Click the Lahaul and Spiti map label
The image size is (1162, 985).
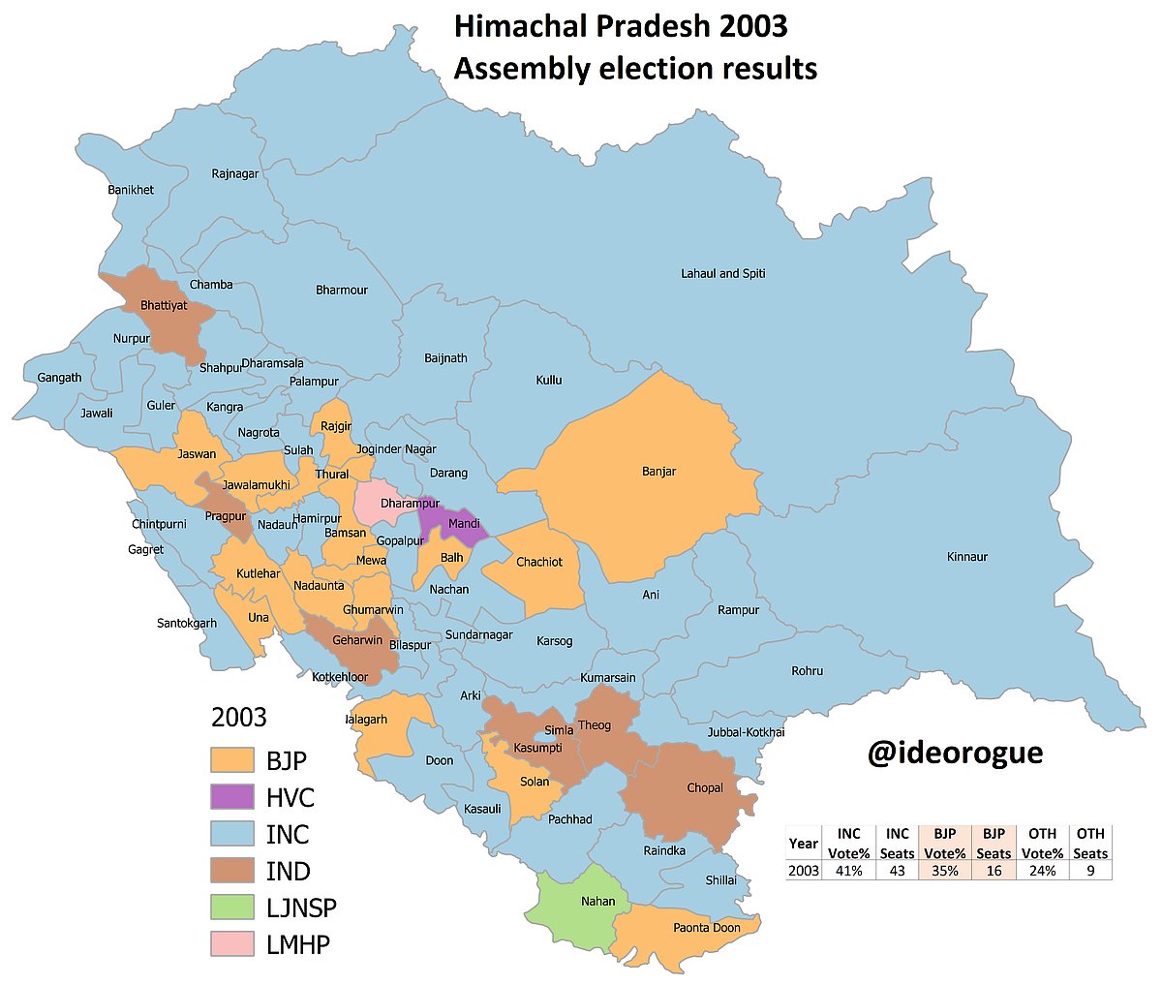click(722, 274)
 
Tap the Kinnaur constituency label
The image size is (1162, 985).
click(967, 557)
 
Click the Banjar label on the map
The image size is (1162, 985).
click(658, 473)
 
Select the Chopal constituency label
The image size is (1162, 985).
click(704, 788)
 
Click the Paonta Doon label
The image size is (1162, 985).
click(706, 928)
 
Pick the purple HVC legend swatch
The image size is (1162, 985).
click(231, 797)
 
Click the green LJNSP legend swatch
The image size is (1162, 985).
click(231, 908)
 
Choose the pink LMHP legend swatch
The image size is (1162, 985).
click(231, 944)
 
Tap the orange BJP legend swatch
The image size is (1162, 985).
click(231, 760)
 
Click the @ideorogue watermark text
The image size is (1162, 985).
click(955, 752)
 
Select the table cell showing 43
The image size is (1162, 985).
click(898, 871)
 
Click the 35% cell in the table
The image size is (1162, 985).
click(945, 871)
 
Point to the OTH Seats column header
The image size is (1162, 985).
click(1090, 844)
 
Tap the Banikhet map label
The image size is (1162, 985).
click(131, 190)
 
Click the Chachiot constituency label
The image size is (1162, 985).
click(538, 562)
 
